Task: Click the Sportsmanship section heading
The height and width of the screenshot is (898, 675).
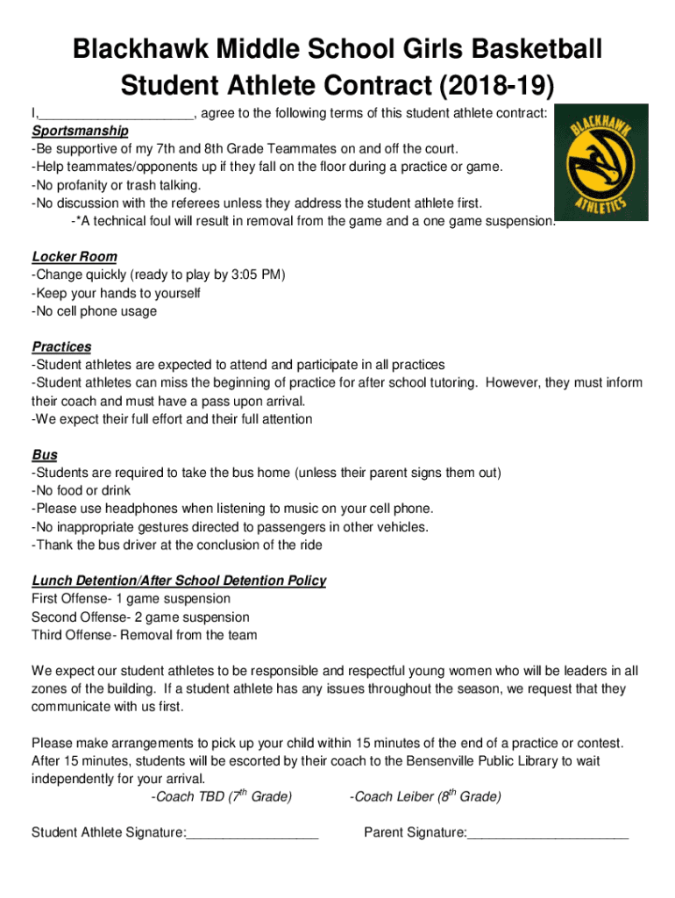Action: pos(80,131)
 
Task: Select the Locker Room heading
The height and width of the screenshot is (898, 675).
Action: pos(75,257)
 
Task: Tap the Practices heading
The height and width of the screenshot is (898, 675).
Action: pos(61,347)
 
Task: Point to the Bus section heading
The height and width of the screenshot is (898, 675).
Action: pos(45,455)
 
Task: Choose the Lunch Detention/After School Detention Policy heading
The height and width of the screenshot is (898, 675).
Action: pos(179,581)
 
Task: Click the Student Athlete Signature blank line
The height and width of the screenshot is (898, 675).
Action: pos(252,831)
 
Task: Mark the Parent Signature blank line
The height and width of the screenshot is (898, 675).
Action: pos(548,831)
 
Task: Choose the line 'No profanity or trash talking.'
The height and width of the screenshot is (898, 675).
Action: pos(116,185)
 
